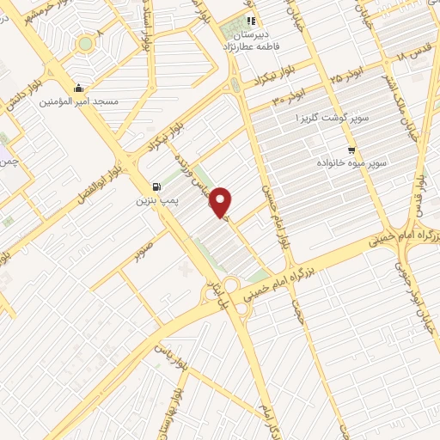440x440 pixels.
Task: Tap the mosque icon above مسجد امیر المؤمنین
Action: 79,88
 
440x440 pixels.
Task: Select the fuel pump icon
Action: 156,187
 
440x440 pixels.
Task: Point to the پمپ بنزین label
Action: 156,201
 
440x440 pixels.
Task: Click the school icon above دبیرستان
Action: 251,21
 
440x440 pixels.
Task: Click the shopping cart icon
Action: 351,149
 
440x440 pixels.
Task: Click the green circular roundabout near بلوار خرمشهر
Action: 86,43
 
